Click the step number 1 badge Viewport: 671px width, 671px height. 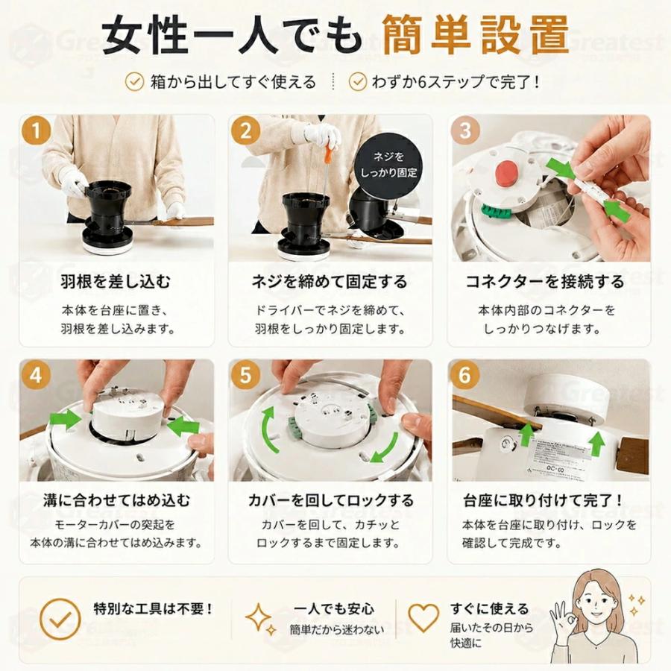coord(36,130)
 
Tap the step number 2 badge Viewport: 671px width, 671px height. coord(245,130)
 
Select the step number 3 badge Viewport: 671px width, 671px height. coord(465,130)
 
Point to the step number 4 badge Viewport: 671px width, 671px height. coord(36,375)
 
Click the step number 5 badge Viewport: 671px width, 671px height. coord(245,375)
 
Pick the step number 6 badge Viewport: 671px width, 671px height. coord(465,375)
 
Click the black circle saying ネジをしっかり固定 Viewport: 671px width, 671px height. coord(388,165)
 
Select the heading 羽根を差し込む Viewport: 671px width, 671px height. coord(116,282)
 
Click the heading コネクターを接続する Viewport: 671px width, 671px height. coord(545,282)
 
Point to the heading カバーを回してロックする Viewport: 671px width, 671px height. coord(330,500)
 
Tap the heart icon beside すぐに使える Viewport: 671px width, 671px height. coord(423,617)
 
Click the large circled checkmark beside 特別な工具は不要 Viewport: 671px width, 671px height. coord(60,619)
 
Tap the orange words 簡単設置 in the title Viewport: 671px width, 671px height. coord(475,35)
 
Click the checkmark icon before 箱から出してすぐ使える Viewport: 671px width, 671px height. coord(134,81)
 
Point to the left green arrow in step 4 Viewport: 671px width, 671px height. coord(66,419)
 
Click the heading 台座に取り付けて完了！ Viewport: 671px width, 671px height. coord(543,500)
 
